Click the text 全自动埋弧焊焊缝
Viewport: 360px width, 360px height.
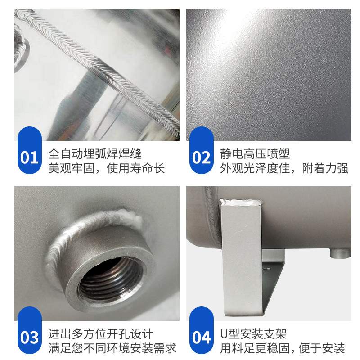(x=95, y=153)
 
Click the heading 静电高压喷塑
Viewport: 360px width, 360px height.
(x=255, y=153)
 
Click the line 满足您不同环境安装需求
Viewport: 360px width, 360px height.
(x=112, y=348)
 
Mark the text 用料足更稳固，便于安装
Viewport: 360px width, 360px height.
(x=282, y=348)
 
